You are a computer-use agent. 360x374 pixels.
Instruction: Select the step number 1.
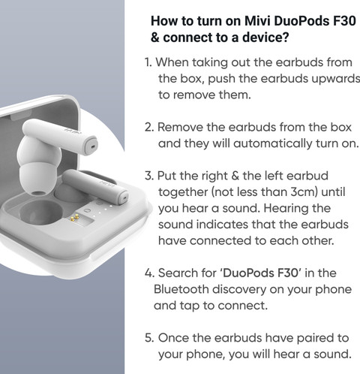pyautogui.click(x=147, y=62)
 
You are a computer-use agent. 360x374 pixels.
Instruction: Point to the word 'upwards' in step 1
pyautogui.click(x=324, y=78)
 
